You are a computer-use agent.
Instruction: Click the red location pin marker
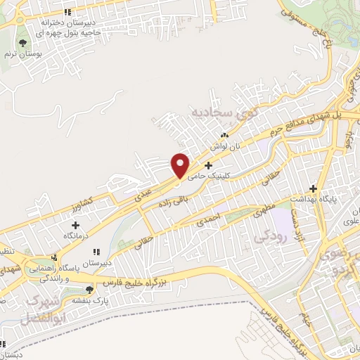point(180,165)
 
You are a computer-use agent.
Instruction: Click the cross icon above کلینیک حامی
point(207,165)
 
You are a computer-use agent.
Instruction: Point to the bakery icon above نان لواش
point(225,135)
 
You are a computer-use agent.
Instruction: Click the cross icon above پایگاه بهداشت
point(321,189)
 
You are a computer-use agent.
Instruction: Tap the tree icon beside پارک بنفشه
point(89,289)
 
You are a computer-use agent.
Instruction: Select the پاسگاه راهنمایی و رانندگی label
point(53,274)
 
